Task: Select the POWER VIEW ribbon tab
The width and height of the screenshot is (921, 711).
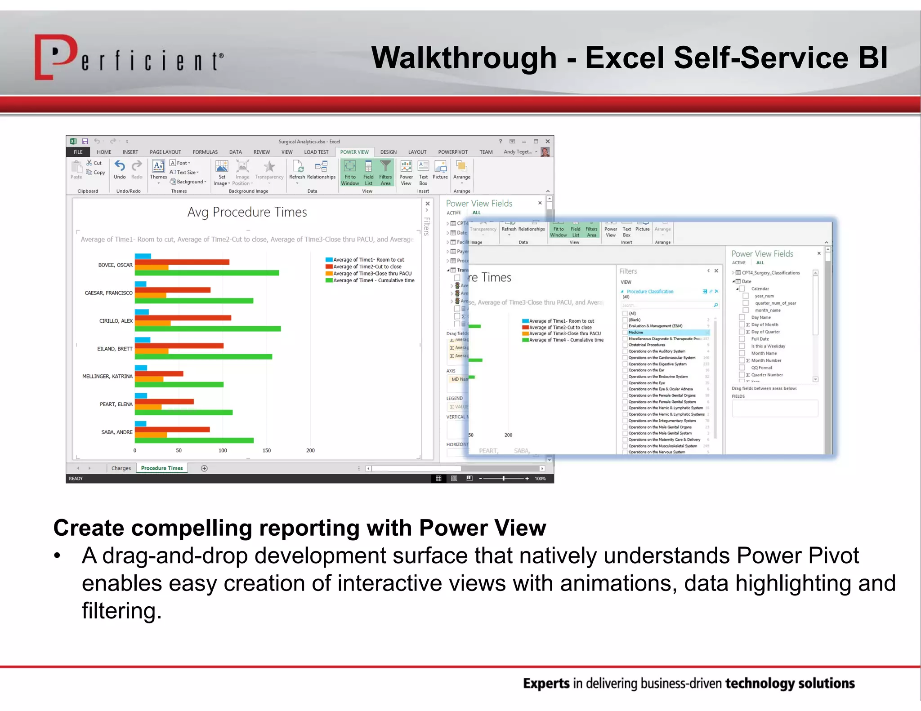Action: [354, 152]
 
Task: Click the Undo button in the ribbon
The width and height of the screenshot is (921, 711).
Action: [120, 170]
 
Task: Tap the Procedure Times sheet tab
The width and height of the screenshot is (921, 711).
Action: [162, 468]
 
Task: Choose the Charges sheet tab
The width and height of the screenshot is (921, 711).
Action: [121, 468]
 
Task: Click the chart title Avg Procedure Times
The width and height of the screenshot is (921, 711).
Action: [247, 212]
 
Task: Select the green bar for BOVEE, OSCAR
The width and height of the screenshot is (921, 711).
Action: [207, 273]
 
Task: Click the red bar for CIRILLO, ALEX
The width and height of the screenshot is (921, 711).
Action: [183, 318]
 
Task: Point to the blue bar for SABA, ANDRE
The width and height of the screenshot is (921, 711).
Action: [141, 423]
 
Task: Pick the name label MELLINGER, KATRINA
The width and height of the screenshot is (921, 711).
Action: [107, 377]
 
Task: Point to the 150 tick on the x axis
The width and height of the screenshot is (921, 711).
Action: [267, 450]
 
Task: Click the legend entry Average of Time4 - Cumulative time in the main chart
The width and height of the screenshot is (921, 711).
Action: [373, 280]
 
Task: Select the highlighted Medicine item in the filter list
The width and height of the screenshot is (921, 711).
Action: [636, 333]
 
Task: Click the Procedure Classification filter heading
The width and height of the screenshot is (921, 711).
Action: [650, 292]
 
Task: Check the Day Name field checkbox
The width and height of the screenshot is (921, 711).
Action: [742, 317]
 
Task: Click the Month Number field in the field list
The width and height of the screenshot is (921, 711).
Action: [766, 360]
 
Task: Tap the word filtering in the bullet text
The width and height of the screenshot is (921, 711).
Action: [121, 611]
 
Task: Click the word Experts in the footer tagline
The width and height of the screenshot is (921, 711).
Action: [546, 684]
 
